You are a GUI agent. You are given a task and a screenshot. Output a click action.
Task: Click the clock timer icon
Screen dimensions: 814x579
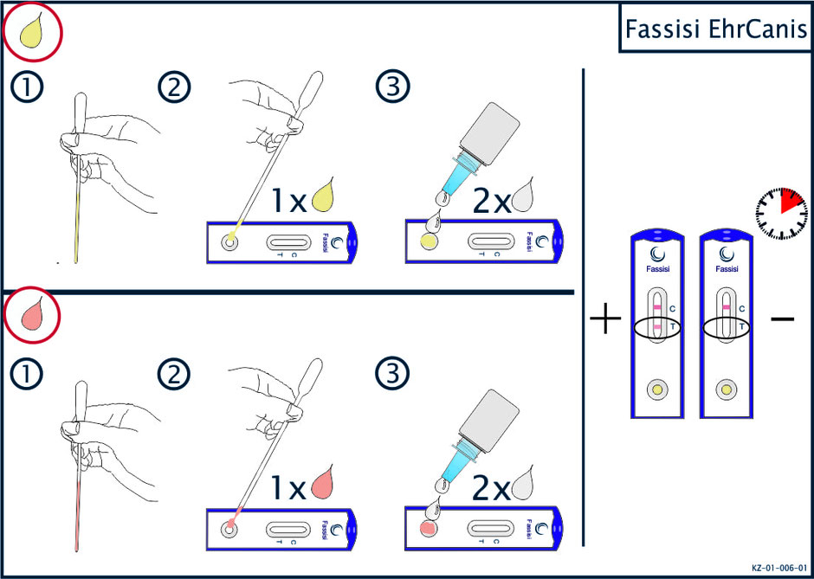click(x=781, y=214)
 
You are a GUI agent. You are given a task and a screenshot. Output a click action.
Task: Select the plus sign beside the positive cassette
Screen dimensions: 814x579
click(x=606, y=318)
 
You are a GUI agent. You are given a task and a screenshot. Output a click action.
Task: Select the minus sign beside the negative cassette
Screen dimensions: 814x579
click(x=782, y=318)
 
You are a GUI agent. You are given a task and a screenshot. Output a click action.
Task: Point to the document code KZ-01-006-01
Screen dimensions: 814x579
click(x=778, y=568)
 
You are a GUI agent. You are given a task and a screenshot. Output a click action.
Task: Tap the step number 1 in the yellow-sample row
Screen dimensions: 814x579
click(x=26, y=87)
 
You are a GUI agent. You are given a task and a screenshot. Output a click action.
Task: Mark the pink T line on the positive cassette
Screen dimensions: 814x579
click(x=657, y=326)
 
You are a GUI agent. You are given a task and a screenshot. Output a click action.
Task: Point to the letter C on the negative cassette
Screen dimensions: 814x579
click(x=742, y=309)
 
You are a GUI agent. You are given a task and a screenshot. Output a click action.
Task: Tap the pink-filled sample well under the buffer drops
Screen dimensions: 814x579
click(x=428, y=529)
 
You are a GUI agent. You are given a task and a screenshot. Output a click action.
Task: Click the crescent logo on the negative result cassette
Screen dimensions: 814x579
click(x=727, y=254)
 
